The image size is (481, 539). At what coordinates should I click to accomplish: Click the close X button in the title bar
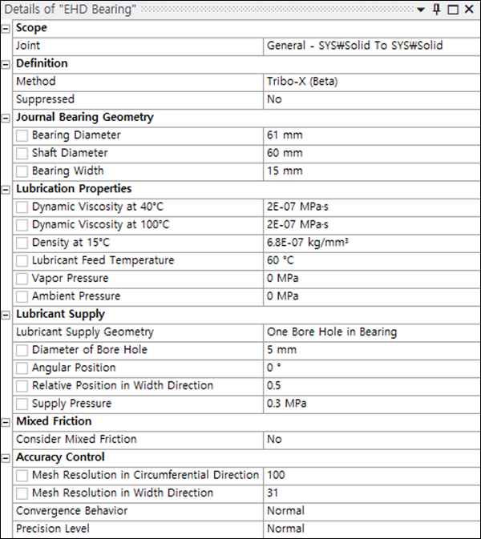pos(467,10)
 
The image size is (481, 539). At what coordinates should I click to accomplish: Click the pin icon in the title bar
pos(436,10)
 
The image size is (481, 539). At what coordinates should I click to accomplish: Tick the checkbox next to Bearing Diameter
pos(22,135)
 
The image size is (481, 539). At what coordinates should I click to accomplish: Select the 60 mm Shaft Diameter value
pos(285,153)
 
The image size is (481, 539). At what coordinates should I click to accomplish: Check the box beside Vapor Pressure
pos(22,279)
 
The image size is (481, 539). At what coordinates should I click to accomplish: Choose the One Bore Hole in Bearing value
pos(331,332)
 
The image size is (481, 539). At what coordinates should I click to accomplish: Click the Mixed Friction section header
pos(54,421)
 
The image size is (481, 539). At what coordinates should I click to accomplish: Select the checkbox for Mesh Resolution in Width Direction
pos(22,493)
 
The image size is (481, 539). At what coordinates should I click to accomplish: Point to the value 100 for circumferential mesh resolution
pos(276,475)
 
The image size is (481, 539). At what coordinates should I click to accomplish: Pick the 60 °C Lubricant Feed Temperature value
pos(280,260)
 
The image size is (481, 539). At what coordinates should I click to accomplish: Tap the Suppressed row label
pos(46,99)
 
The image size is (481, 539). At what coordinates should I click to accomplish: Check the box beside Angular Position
pos(22,368)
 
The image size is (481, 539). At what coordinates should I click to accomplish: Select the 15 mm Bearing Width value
pos(285,171)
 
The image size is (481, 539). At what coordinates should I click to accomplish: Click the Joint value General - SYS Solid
pos(354,46)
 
